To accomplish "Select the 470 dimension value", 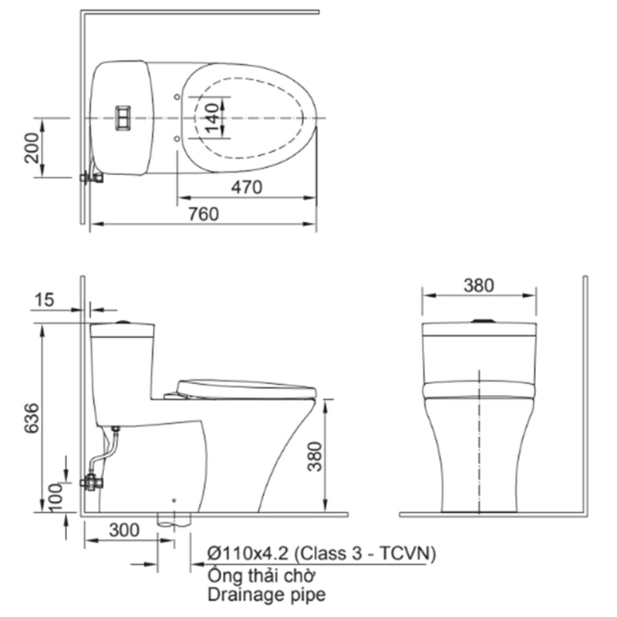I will pos(247,187).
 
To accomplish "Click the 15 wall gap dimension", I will pos(46,298).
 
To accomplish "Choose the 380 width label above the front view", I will pos(478,285).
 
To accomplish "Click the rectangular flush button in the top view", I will pos(122,117).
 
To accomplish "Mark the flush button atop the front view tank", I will pos(480,321).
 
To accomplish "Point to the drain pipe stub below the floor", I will pos(173,518).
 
